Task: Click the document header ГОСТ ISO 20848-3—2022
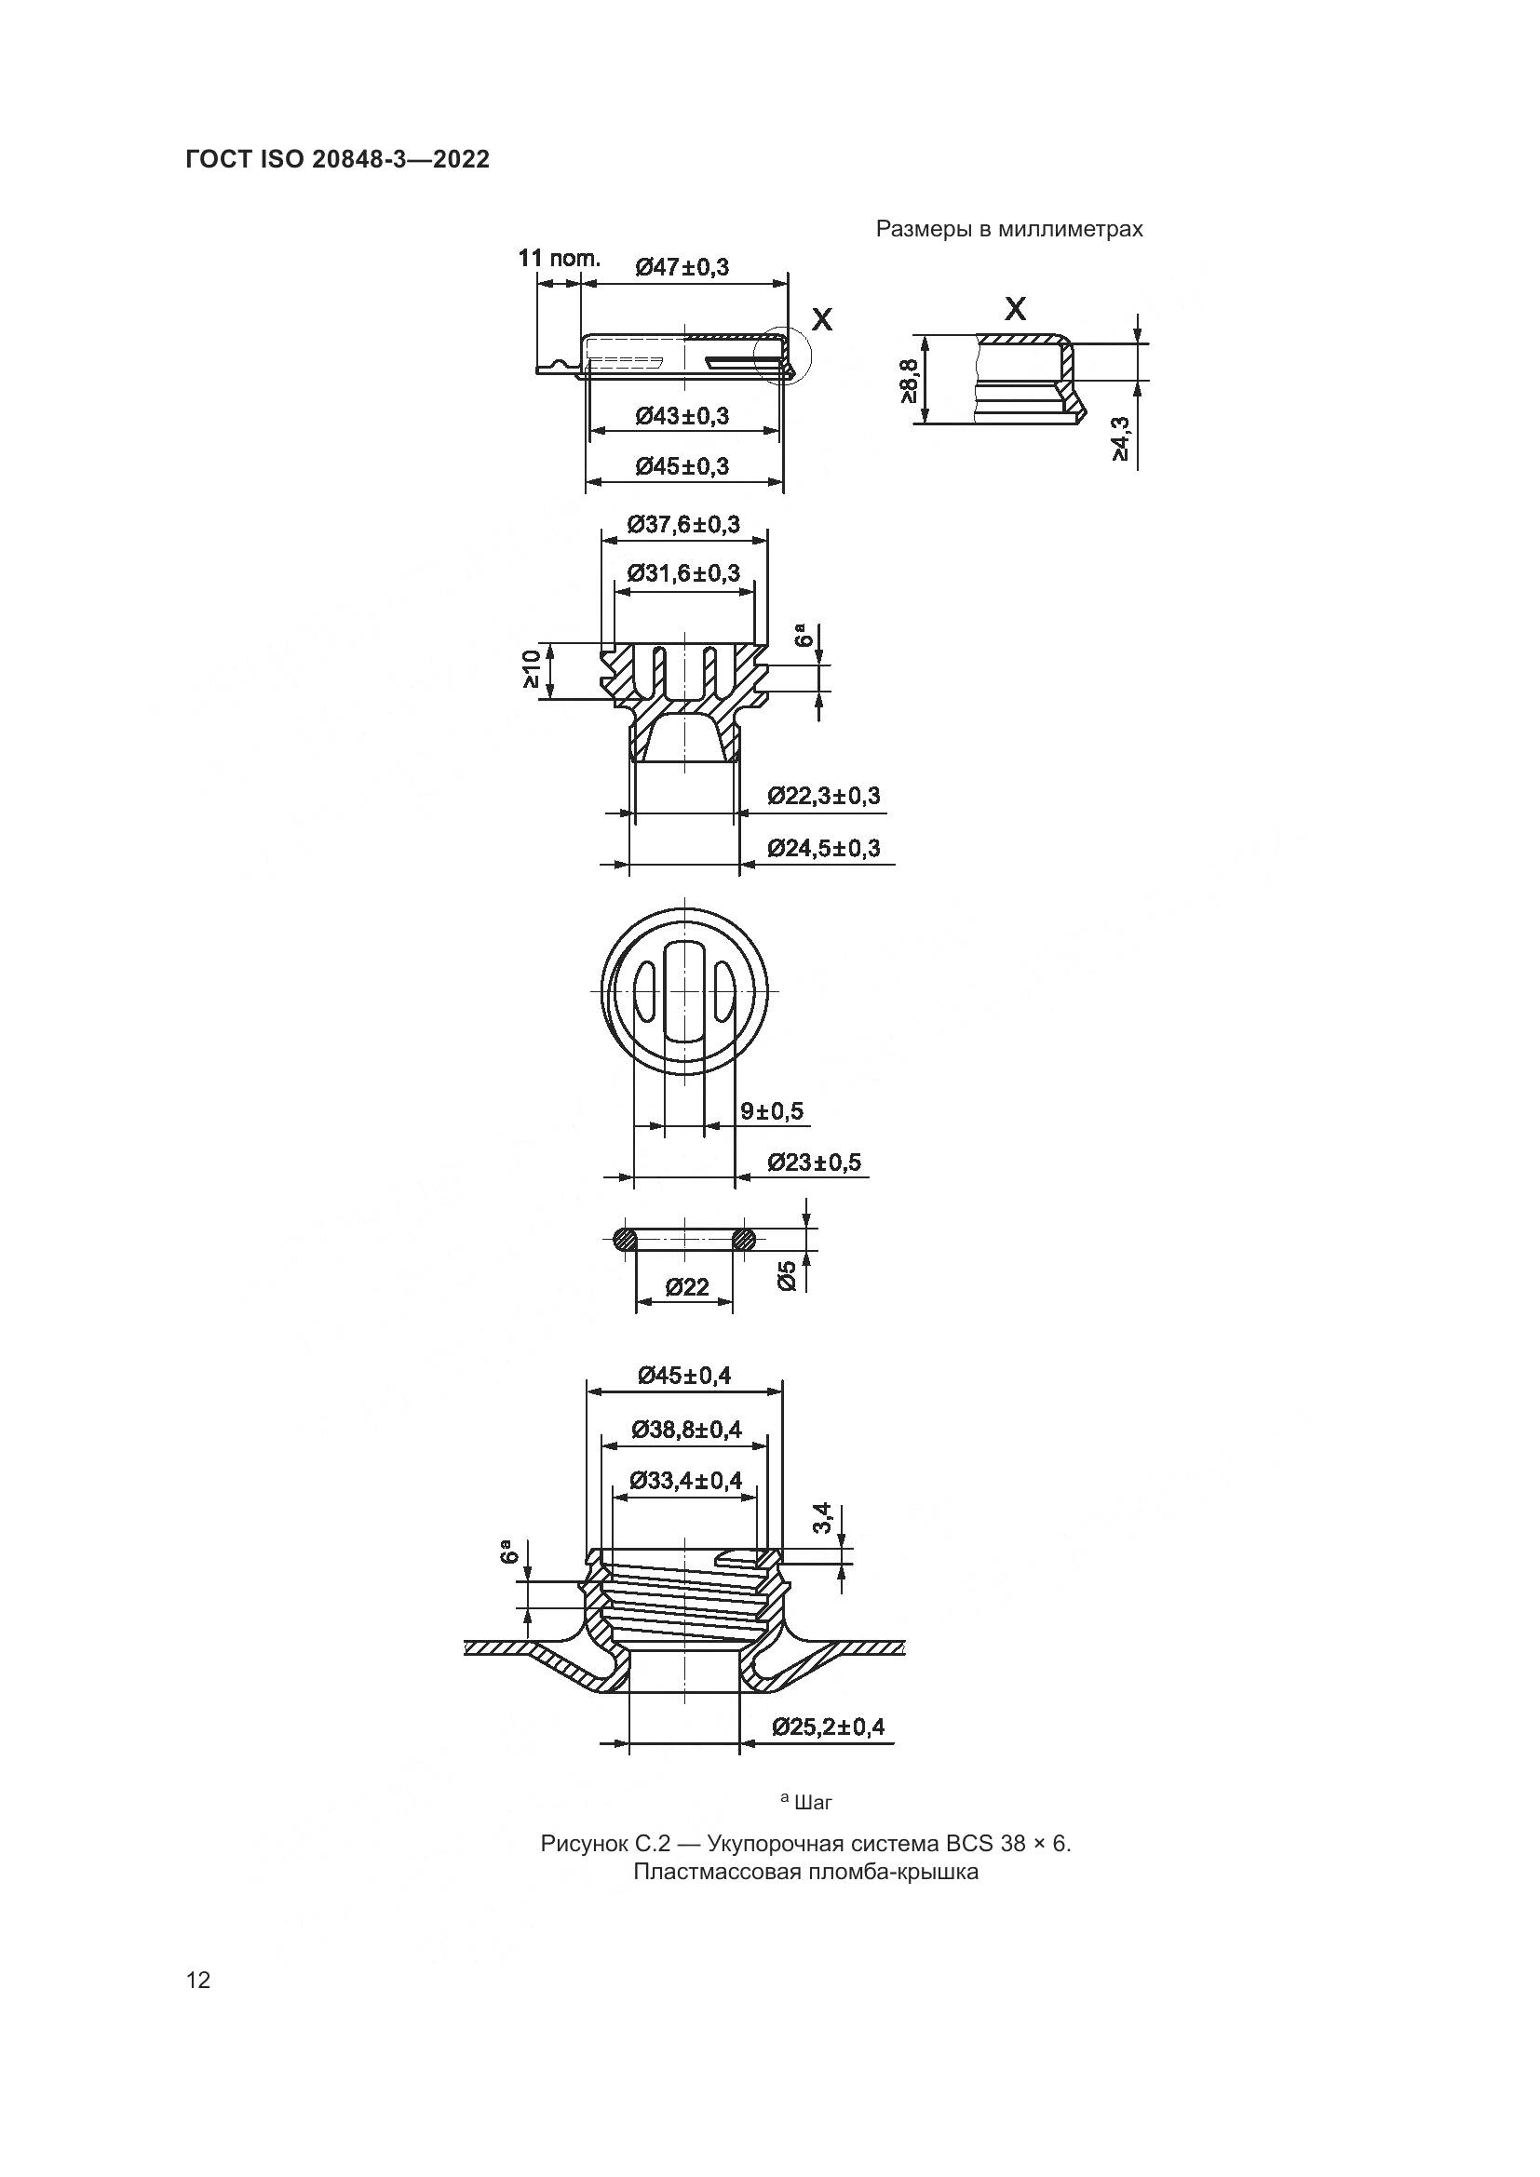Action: point(338,159)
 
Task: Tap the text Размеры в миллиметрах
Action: point(1009,230)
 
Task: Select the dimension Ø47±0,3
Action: point(682,267)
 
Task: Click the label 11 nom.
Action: point(559,258)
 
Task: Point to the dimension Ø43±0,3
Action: point(682,416)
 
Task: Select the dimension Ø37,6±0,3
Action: point(683,524)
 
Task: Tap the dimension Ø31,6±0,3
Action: point(683,573)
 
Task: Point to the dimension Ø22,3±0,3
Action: point(823,797)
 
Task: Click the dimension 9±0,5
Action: point(771,1111)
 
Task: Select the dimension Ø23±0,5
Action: point(814,1162)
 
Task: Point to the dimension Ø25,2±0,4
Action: point(827,1727)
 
